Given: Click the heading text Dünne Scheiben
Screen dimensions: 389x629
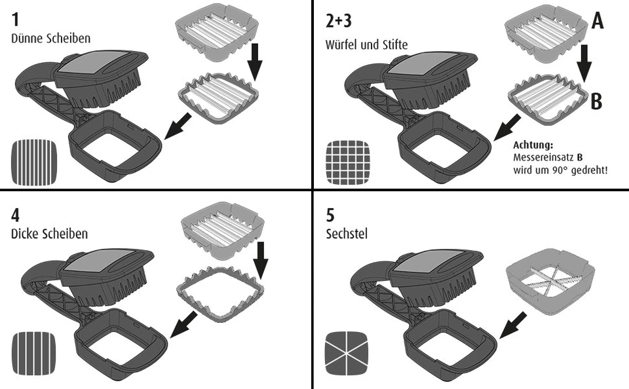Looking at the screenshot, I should coord(51,39).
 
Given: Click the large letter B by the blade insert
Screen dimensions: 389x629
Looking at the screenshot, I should coord(596,103).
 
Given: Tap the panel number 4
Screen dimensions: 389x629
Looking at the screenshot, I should coord(16,216).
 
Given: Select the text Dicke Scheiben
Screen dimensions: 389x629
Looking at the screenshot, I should coord(50,234).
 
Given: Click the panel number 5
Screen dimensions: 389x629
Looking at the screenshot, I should coord(330,216).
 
